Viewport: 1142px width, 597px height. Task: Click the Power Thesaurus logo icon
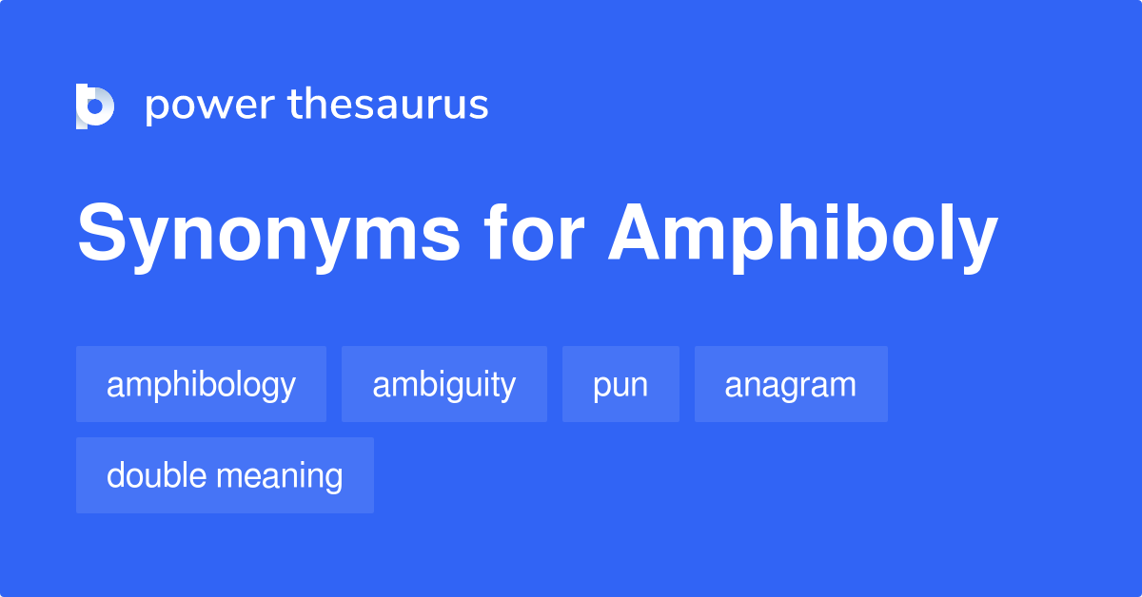pyautogui.click(x=95, y=106)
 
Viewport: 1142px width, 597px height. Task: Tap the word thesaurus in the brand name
pyautogui.click(x=388, y=106)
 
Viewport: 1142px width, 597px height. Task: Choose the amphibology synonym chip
pyautogui.click(x=201, y=385)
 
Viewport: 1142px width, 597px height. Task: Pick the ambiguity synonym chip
pyautogui.click(x=443, y=385)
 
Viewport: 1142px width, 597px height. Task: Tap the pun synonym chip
pyautogui.click(x=620, y=385)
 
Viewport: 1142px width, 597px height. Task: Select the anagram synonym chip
pyautogui.click(x=790, y=385)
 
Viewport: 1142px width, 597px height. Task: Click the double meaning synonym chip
pyautogui.click(x=225, y=475)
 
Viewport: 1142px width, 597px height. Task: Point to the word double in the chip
pyautogui.click(x=157, y=475)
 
